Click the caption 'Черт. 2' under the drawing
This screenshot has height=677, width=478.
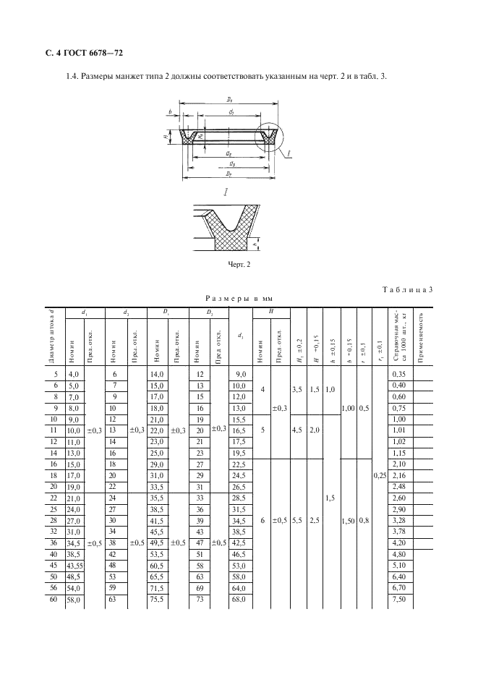coord(238,264)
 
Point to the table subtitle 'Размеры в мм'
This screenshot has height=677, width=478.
coord(238,298)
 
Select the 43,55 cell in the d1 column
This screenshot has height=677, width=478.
coord(74,564)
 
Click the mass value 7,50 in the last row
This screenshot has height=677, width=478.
coord(398,599)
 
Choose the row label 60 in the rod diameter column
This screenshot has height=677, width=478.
coord(53,599)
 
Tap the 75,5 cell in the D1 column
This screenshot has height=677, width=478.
coord(157,599)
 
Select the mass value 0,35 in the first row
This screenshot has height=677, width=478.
coord(398,373)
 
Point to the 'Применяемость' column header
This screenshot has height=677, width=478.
coord(421,336)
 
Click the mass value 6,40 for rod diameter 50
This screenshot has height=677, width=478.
coord(398,576)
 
